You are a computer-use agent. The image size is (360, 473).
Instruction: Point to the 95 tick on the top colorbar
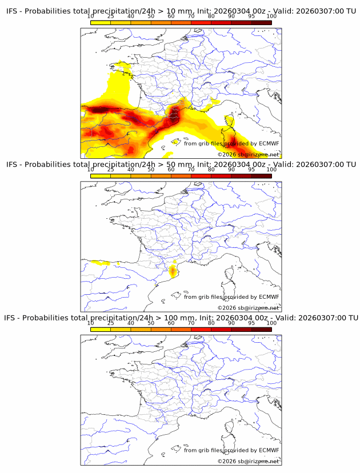(252, 16)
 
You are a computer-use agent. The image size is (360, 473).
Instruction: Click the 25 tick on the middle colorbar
(111, 169)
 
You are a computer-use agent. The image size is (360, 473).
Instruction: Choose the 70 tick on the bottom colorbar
(191, 323)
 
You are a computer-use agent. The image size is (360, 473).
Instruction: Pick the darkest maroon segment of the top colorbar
(262, 22)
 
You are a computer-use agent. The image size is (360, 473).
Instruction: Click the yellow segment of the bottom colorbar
(101, 328)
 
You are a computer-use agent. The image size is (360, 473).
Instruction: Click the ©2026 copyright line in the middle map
(248, 308)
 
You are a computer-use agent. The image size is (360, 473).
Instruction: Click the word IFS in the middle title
(11, 165)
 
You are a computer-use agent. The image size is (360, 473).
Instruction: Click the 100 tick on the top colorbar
(271, 16)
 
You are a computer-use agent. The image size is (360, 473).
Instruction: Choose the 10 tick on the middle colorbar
(91, 169)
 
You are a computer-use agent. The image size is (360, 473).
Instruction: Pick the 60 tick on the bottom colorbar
(171, 323)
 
